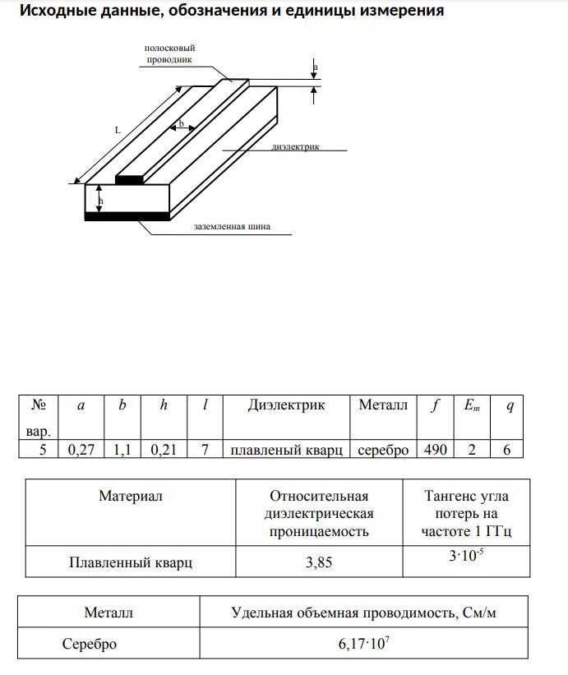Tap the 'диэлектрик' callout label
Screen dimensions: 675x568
pyautogui.click(x=295, y=147)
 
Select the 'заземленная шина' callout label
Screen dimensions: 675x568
pyautogui.click(x=232, y=226)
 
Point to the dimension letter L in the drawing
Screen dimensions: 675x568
pyautogui.click(x=118, y=130)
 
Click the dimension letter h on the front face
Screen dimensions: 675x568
pyautogui.click(x=100, y=200)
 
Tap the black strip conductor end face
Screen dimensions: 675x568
pyautogui.click(x=129, y=179)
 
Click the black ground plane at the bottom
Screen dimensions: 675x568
pyautogui.click(x=127, y=216)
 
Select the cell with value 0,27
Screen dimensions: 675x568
pyautogui.click(x=80, y=450)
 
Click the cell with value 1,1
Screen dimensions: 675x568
pyautogui.click(x=122, y=450)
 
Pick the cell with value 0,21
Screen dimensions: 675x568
pyautogui.click(x=164, y=450)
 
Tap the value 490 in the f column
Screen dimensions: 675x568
pyautogui.click(x=435, y=450)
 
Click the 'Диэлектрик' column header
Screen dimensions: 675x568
pyautogui.click(x=285, y=405)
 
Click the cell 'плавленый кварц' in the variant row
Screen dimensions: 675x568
pyautogui.click(x=285, y=450)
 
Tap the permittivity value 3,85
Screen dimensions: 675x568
pyautogui.click(x=319, y=563)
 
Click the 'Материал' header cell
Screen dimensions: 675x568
pyautogui.click(x=131, y=496)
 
